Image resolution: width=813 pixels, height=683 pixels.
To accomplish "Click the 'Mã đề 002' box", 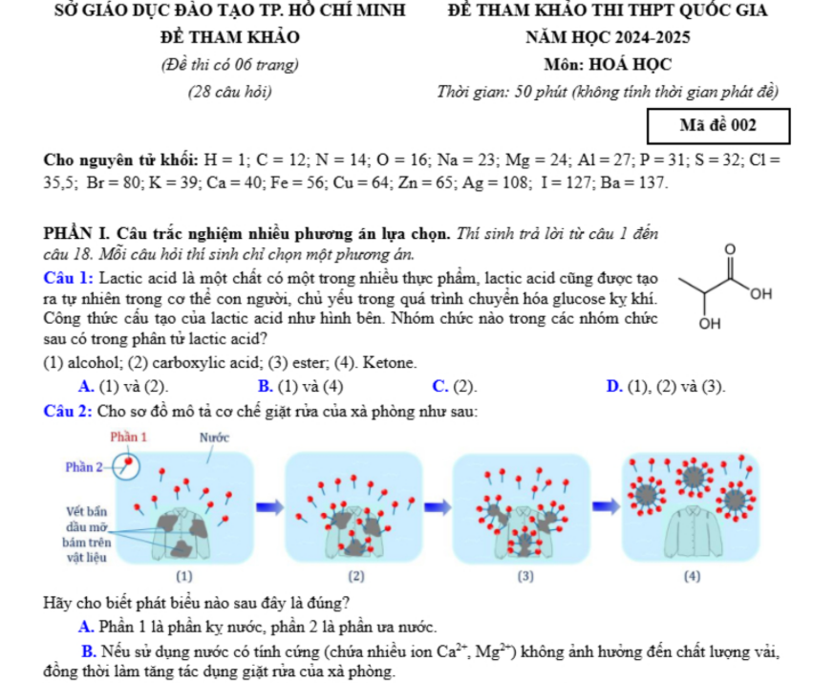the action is coord(718,126).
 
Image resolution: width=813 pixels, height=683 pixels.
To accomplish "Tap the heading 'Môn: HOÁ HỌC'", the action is coord(608,65).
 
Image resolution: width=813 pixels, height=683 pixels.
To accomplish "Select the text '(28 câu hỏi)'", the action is coord(229,93).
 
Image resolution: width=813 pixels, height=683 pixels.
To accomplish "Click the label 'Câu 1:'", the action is coord(69,279).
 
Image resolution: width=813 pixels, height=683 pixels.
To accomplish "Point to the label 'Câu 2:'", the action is coord(68,412).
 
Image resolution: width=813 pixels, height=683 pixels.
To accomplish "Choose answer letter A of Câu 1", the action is coord(86,386).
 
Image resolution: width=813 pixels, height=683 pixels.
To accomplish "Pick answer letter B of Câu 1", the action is coord(265,386).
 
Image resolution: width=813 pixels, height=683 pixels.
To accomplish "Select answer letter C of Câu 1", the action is coord(439,386).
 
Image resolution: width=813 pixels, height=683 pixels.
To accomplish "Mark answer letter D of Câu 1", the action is coord(614,386).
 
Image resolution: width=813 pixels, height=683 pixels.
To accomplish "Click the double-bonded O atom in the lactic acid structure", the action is coord(730,249).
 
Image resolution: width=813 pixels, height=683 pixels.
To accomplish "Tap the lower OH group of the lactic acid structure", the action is coord(710,324).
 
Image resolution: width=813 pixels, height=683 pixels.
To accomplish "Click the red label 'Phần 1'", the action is coord(129,438).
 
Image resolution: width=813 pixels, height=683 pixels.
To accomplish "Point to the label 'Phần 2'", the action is coord(83,467).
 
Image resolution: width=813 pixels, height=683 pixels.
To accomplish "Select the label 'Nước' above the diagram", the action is coord(214,438).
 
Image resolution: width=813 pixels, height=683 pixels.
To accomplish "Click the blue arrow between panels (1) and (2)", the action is coord(270,507).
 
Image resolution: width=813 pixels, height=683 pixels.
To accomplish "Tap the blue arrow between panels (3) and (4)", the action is coord(606,506).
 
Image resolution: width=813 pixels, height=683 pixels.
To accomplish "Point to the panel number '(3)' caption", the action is coord(525,576).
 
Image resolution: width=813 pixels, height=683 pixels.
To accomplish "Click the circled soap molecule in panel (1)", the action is coord(126,466).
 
